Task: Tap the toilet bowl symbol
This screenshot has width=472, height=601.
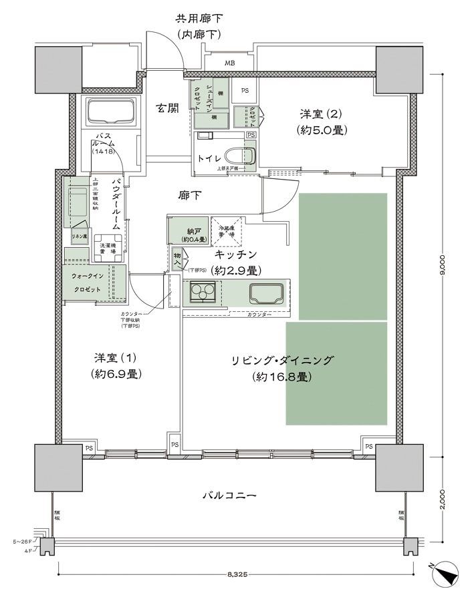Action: (240, 155)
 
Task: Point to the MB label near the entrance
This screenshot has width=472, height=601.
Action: (229, 64)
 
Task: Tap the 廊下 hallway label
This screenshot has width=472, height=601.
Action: (190, 196)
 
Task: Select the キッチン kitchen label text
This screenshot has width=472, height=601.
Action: (236, 254)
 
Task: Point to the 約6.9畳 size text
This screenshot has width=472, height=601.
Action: (115, 374)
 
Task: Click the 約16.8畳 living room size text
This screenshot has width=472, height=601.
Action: (281, 377)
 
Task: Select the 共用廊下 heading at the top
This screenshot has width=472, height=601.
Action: (199, 18)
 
